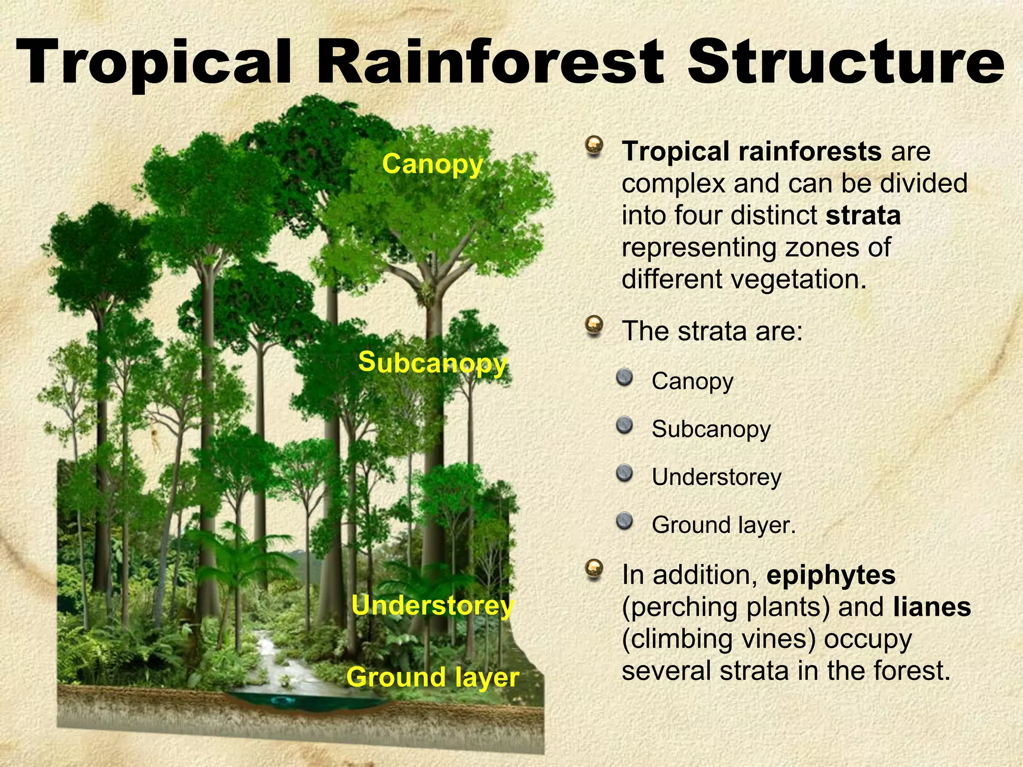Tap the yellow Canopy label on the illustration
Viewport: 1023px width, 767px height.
click(x=433, y=164)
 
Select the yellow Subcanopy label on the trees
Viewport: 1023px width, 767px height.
click(x=433, y=362)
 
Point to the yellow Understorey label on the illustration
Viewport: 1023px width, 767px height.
click(x=433, y=606)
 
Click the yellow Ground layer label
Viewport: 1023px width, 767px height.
click(x=433, y=678)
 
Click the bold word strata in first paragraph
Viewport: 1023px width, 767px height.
click(x=863, y=215)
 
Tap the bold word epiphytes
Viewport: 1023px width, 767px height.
click(x=831, y=575)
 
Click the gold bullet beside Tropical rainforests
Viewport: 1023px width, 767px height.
click(x=594, y=146)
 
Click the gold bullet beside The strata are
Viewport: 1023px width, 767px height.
click(x=594, y=326)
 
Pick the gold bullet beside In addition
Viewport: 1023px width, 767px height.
click(x=594, y=569)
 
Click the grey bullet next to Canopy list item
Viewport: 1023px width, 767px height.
click(x=624, y=378)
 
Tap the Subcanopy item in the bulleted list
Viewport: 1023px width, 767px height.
click(x=711, y=429)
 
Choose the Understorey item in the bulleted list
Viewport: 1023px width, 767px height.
click(x=716, y=477)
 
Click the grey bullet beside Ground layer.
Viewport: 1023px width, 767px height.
click(x=624, y=521)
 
